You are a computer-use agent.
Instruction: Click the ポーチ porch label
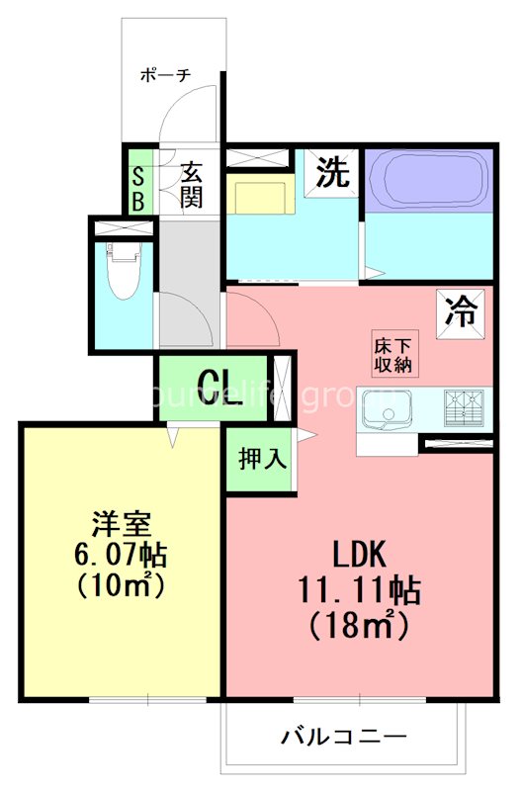pos(165,74)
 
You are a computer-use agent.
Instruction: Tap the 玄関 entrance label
pos(191,184)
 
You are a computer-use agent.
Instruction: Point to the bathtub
pos(427,180)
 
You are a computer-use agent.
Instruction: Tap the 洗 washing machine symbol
pos(332,174)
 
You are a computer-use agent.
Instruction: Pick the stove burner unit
pos(468,406)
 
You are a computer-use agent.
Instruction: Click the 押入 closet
pos(261,459)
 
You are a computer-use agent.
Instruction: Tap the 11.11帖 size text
pos(360,590)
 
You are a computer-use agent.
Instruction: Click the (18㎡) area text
pos(360,625)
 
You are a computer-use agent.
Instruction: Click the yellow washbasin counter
pos(258,195)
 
